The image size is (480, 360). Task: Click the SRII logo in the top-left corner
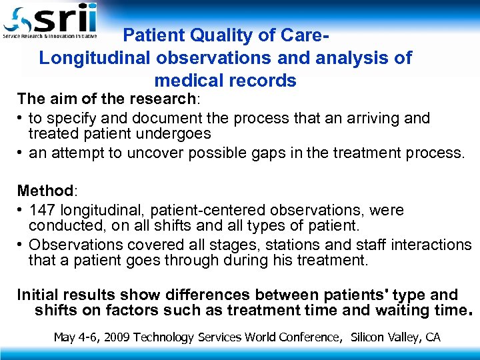(x=50, y=20)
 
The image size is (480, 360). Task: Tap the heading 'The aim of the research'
(x=105, y=99)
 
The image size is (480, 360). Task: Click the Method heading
(x=45, y=191)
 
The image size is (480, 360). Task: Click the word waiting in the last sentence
(x=397, y=310)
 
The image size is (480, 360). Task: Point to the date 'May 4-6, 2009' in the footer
(x=91, y=337)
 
